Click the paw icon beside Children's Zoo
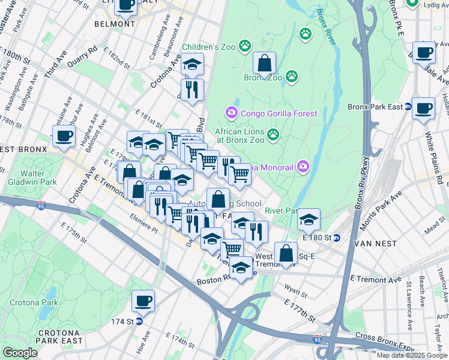point(245,46)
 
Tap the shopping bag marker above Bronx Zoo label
point(264,63)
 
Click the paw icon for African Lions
point(274,133)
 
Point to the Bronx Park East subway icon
point(408,107)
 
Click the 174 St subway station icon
point(139,322)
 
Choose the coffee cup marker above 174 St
point(143,301)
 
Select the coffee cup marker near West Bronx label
point(64,135)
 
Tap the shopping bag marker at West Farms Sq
point(286,253)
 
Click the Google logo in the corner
point(20,353)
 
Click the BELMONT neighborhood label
point(115,24)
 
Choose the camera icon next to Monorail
point(304,166)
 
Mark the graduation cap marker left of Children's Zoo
point(193,64)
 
